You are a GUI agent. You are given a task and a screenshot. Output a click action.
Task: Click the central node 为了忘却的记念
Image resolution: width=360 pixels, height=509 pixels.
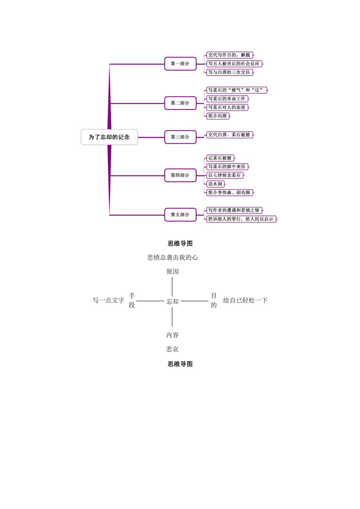tap(109, 137)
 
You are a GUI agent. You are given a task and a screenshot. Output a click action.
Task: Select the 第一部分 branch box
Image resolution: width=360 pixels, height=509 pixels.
tap(180, 64)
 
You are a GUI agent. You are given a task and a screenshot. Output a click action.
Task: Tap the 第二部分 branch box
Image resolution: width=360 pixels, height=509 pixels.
tap(180, 103)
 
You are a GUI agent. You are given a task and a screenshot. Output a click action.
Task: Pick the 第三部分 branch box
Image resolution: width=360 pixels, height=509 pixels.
tap(180, 137)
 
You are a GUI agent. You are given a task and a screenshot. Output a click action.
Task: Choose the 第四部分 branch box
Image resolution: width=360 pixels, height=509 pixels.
tap(180, 175)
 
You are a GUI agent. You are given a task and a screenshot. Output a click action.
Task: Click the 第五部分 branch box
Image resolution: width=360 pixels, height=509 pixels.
tap(180, 215)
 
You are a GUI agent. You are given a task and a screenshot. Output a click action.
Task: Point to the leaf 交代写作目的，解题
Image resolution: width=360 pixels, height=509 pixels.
tap(229, 55)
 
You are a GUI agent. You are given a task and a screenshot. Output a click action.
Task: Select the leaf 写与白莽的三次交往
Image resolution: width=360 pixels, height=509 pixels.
tap(229, 72)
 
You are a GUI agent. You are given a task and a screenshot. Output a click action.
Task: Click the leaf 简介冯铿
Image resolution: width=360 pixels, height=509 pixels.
tap(218, 116)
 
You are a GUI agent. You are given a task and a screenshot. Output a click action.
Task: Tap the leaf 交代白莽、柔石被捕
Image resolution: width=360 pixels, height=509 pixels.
tap(229, 135)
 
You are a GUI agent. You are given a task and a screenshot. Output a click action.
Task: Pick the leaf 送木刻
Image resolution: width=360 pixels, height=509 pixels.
tap(215, 184)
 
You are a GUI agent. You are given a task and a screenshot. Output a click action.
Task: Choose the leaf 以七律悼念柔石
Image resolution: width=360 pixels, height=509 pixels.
tap(225, 175)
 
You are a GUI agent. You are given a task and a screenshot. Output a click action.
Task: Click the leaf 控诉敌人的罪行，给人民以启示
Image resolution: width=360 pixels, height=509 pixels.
tap(241, 219)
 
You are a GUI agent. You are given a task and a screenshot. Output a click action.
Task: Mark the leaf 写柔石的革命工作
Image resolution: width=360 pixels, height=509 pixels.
tap(227, 99)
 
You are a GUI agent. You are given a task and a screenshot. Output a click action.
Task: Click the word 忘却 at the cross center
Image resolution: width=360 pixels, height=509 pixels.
tap(172, 301)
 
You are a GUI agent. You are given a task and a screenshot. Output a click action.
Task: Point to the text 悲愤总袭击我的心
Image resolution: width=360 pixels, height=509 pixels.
tap(172, 258)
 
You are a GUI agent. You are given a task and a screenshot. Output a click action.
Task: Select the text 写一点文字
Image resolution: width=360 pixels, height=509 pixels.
tap(108, 300)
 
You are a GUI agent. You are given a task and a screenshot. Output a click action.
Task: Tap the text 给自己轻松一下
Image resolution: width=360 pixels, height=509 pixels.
tap(245, 300)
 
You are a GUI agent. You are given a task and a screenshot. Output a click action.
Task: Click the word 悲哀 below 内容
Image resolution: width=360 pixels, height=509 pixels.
tap(172, 349)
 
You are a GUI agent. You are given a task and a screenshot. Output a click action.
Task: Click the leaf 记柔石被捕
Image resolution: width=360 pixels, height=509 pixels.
tap(220, 158)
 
